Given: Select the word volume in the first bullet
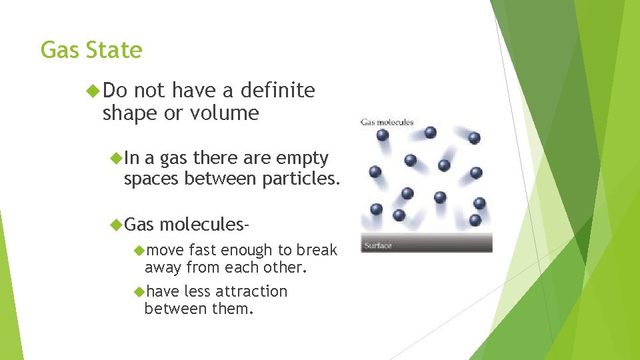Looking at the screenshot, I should click(224, 113).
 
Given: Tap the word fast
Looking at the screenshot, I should click(203, 250).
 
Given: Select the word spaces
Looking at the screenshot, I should click(151, 179).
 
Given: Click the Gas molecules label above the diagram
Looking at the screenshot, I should click(387, 122).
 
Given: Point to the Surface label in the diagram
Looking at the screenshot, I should click(378, 245).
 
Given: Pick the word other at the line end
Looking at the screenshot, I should click(286, 268).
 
